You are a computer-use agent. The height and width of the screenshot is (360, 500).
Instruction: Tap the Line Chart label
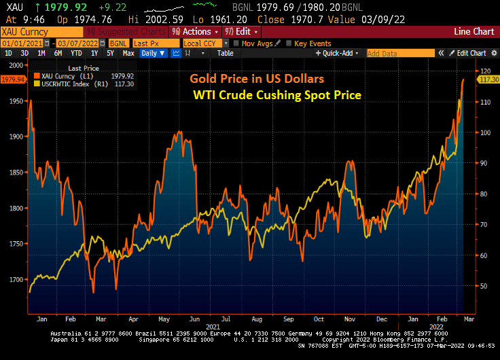tap(474, 31)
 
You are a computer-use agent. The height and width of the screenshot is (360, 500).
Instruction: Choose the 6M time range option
tap(58, 53)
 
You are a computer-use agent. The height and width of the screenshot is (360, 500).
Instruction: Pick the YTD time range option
tap(77, 53)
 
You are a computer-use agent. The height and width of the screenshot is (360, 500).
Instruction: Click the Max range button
tap(128, 53)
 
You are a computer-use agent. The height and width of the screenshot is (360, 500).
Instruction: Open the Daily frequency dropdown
tap(152, 53)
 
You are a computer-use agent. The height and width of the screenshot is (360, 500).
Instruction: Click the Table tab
tap(225, 53)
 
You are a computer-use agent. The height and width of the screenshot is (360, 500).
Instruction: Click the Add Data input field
tap(400, 53)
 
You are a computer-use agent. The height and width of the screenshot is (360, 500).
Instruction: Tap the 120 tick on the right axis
tap(486, 71)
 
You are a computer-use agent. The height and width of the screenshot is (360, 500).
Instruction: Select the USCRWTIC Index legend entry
tap(71, 85)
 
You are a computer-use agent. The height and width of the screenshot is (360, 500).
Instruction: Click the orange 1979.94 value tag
tap(13, 79)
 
